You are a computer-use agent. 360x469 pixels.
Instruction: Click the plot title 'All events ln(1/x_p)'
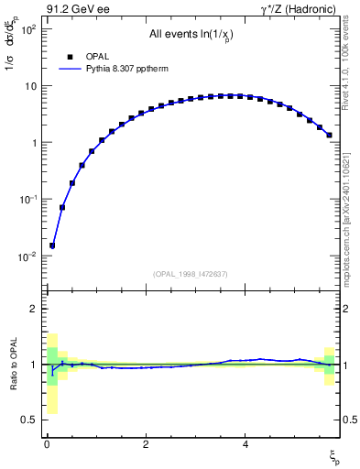point(189,36)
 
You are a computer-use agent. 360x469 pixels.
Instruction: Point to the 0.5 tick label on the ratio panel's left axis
point(26,420)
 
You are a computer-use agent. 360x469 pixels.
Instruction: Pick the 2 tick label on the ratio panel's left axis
point(32,309)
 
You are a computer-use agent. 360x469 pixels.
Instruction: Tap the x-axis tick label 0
point(47,444)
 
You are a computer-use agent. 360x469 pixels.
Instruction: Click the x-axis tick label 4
point(245,444)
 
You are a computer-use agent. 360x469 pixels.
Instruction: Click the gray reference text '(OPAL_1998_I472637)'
point(190,274)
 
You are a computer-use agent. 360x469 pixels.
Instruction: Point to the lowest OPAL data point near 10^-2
point(52,245)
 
